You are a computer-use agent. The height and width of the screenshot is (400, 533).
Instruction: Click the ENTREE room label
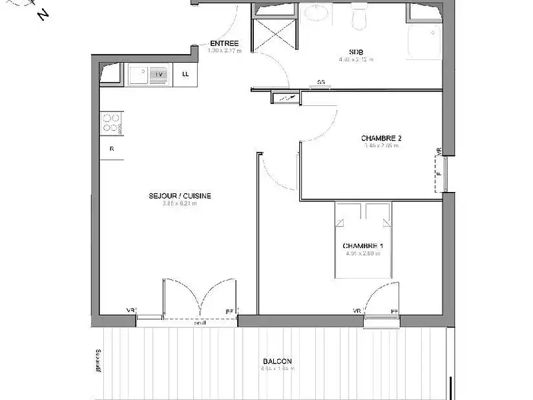[224, 43]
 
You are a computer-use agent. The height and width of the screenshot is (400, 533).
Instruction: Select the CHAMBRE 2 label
[381, 139]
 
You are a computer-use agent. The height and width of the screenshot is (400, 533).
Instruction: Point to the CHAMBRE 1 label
[363, 245]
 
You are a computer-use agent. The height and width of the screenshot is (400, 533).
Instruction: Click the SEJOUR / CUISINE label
[180, 195]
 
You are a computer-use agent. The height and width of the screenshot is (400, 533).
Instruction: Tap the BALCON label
[277, 361]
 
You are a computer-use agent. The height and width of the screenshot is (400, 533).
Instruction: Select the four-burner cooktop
[111, 123]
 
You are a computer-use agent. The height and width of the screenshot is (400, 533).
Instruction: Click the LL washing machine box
[185, 74]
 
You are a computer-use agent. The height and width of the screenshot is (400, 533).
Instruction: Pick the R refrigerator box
[111, 149]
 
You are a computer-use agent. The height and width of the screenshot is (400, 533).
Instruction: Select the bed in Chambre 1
[364, 240]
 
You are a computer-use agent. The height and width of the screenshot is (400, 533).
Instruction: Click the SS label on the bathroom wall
[321, 83]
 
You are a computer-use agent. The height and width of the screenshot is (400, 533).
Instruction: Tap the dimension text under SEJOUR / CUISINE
[180, 204]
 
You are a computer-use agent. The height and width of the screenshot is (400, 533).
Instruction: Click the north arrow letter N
[44, 14]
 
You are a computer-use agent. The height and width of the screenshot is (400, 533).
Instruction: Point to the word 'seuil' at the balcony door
[200, 323]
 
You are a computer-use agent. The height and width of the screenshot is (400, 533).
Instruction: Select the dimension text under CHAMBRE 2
[381, 146]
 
